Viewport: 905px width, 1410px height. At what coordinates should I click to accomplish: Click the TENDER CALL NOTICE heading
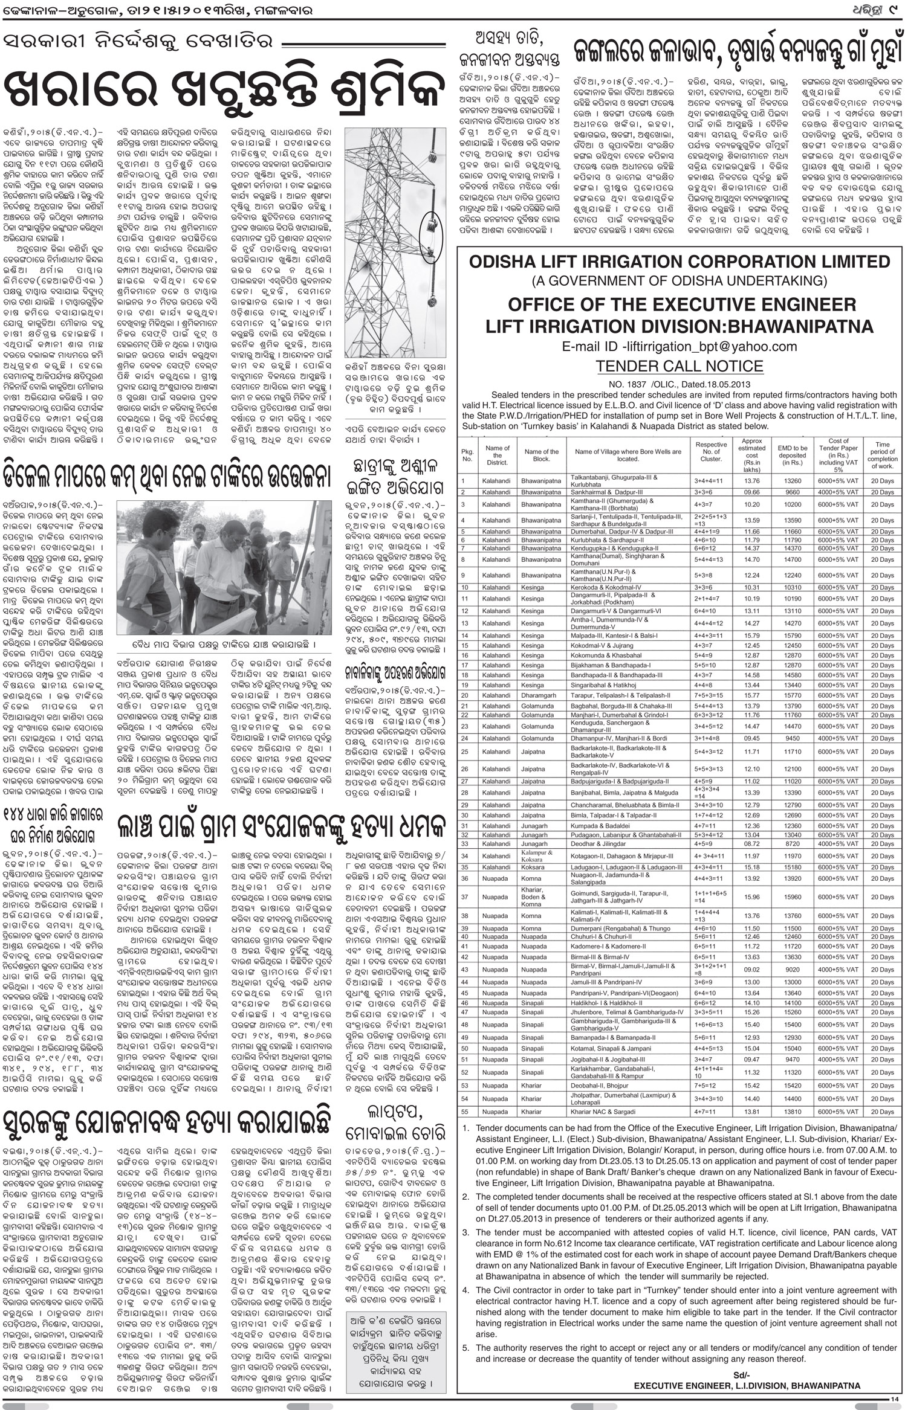(x=680, y=366)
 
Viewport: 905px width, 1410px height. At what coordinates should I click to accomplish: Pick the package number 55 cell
(x=465, y=1111)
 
